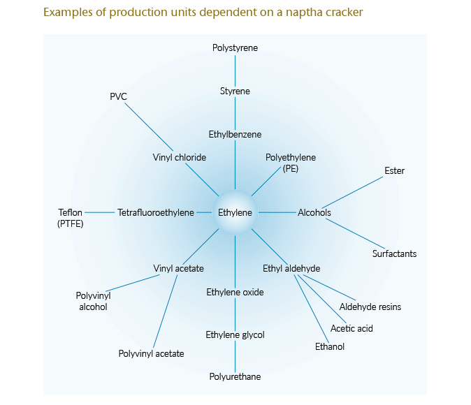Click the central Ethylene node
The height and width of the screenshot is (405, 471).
click(235, 212)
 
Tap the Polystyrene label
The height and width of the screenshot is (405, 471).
click(235, 48)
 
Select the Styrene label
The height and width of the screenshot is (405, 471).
click(235, 91)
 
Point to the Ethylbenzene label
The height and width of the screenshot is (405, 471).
click(235, 134)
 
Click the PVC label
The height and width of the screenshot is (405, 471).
click(118, 96)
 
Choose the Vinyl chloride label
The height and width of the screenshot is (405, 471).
click(180, 157)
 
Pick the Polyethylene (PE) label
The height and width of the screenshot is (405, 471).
click(291, 163)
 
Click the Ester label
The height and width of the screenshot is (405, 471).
click(394, 170)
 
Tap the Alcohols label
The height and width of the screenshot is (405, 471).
click(314, 212)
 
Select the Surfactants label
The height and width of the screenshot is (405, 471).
click(394, 253)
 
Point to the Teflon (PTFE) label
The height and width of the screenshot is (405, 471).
click(70, 218)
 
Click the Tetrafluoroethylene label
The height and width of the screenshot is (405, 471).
click(156, 212)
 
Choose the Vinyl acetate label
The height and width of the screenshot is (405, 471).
click(179, 268)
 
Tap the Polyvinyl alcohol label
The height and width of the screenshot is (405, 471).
click(93, 301)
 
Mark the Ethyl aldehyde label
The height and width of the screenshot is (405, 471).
click(291, 268)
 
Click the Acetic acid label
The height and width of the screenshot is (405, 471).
click(352, 328)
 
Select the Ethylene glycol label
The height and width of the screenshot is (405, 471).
click(235, 335)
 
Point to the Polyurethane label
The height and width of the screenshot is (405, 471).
click(235, 377)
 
